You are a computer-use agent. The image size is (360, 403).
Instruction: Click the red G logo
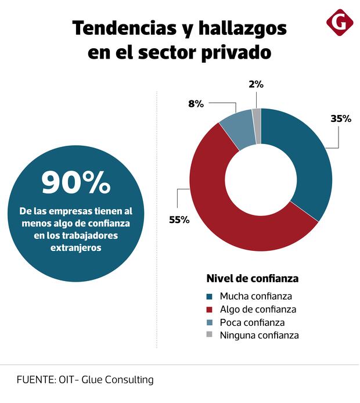pos(340,23)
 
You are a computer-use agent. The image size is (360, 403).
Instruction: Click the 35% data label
pos(341,118)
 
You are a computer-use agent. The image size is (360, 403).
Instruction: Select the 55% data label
pos(179,220)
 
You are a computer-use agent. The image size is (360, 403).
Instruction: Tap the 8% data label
pos(196,104)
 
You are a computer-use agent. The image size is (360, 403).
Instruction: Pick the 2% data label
pos(256,84)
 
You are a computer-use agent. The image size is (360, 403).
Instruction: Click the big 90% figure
pos(76,183)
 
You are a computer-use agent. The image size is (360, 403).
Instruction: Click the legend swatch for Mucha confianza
pos(210,296)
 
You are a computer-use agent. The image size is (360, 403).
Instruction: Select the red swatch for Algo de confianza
pos(210,309)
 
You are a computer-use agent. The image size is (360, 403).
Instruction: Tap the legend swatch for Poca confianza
pos(210,322)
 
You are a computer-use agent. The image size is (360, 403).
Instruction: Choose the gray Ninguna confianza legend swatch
pos(210,334)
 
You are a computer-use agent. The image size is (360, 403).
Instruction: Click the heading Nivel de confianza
pos(253,278)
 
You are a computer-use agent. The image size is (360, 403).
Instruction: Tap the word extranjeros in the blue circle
pos(76,247)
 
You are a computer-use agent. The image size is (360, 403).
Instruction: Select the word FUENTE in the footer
pos(35,380)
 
